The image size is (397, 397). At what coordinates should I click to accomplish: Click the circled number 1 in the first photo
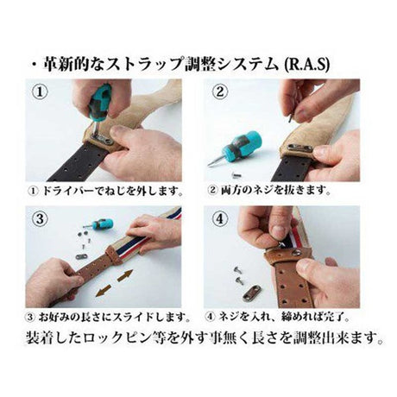click(40, 92)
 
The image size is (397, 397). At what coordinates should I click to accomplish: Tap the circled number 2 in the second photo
click(219, 92)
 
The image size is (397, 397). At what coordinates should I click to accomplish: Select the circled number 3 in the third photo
click(40, 219)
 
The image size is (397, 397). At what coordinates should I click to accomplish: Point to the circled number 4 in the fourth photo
click(219, 219)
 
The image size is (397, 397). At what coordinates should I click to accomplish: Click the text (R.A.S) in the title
click(306, 65)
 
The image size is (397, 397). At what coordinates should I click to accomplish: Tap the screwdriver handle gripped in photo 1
click(99, 101)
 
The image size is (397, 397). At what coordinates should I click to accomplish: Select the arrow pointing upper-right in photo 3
click(125, 274)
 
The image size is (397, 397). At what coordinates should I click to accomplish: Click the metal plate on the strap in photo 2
click(299, 148)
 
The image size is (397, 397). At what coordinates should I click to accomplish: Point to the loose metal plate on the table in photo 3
click(83, 255)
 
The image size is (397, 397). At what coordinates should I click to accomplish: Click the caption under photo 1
click(105, 191)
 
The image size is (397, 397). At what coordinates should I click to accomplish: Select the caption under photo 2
click(268, 190)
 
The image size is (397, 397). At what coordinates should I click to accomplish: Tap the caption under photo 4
click(278, 317)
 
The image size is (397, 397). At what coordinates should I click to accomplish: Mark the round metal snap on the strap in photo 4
click(296, 253)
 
